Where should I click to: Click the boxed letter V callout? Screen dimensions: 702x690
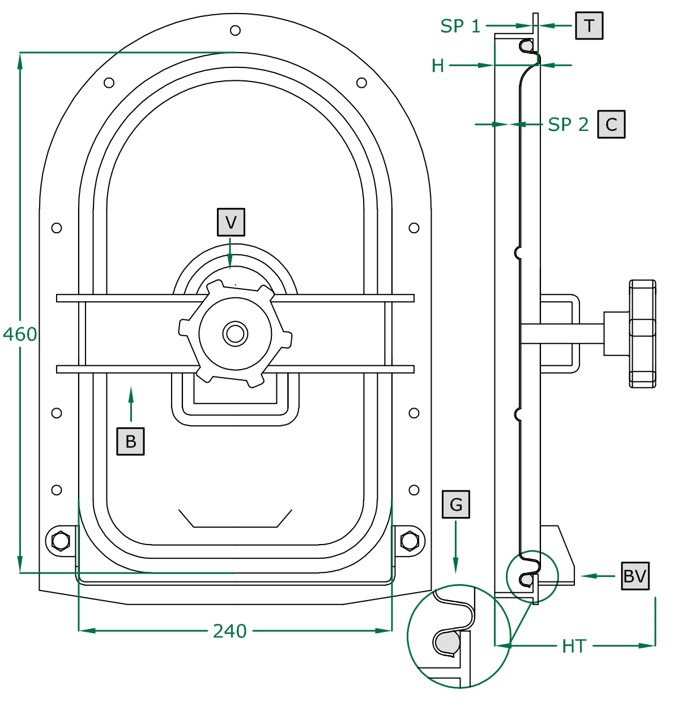click(231, 222)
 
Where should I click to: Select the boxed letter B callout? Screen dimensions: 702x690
click(131, 442)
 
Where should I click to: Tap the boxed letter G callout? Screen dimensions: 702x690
click(456, 504)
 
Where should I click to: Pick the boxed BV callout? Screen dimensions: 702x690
click(635, 576)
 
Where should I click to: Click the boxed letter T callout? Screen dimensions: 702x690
click(589, 25)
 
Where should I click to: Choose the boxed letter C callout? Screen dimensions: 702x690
click(611, 125)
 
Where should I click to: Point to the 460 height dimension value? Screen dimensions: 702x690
click(20, 334)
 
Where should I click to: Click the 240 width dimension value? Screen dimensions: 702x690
click(230, 631)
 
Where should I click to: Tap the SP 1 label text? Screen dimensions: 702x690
click(460, 26)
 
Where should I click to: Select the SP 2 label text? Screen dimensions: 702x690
click(568, 125)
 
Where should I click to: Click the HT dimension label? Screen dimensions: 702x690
click(574, 646)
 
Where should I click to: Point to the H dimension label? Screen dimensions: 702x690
click(438, 66)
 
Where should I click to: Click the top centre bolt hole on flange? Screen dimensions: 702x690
click(236, 30)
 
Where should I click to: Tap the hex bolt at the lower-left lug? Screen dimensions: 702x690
click(61, 541)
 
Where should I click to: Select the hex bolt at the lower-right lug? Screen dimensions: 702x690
click(410, 541)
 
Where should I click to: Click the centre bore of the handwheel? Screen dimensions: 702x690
click(235, 333)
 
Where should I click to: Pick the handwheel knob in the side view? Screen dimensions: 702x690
click(643, 333)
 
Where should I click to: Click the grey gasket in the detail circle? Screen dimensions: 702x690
click(447, 642)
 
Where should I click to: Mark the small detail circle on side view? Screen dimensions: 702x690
click(532, 576)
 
